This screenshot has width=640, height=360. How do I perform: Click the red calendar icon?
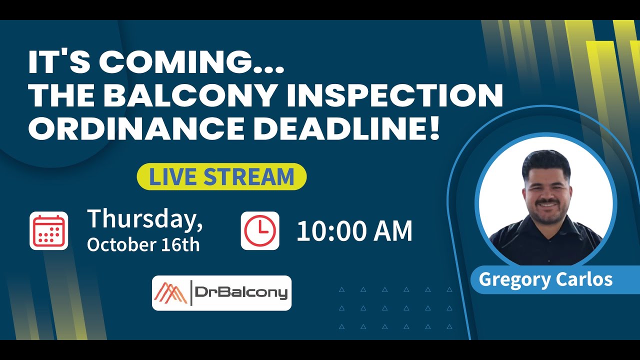49,230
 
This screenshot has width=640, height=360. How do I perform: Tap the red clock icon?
260,230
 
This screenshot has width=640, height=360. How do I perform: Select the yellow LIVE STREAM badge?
221,177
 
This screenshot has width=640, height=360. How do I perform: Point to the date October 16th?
143,244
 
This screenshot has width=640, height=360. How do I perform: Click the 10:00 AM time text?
354,231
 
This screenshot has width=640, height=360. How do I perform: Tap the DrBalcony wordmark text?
241,293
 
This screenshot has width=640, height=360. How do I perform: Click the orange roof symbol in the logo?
170,293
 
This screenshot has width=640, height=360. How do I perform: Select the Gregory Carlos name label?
545,279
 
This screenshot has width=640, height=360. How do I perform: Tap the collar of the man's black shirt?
546,225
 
